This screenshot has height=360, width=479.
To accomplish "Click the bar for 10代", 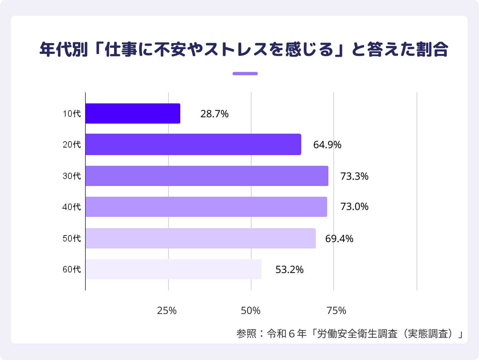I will click(x=133, y=113).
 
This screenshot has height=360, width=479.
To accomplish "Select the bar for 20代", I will click(x=193, y=144).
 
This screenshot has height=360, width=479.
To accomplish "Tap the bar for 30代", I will click(x=207, y=176).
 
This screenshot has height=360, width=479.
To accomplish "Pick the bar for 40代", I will click(x=206, y=207).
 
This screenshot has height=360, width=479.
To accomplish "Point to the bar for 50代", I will click(x=200, y=238).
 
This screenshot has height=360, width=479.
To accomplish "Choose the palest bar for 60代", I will click(x=173, y=269).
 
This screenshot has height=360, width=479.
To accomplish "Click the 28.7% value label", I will click(x=214, y=114).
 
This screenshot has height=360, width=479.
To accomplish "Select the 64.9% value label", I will click(x=327, y=145).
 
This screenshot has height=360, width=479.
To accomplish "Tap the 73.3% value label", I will click(x=354, y=176).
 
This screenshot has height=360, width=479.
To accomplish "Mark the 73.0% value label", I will click(x=354, y=207).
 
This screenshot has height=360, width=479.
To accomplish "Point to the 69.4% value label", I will click(x=339, y=239).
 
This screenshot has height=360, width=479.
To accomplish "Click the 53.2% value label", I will click(x=289, y=270).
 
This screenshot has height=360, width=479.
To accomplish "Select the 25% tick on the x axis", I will click(x=167, y=311).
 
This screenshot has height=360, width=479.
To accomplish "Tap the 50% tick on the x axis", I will click(x=251, y=311).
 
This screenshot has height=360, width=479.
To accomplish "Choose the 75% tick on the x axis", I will click(x=336, y=311).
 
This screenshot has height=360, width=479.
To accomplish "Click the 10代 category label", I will click(x=72, y=113).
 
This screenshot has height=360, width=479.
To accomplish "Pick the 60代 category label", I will click(x=72, y=269).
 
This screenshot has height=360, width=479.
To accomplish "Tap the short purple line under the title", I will click(x=245, y=74).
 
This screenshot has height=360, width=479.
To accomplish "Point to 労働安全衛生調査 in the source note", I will click(x=357, y=334).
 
